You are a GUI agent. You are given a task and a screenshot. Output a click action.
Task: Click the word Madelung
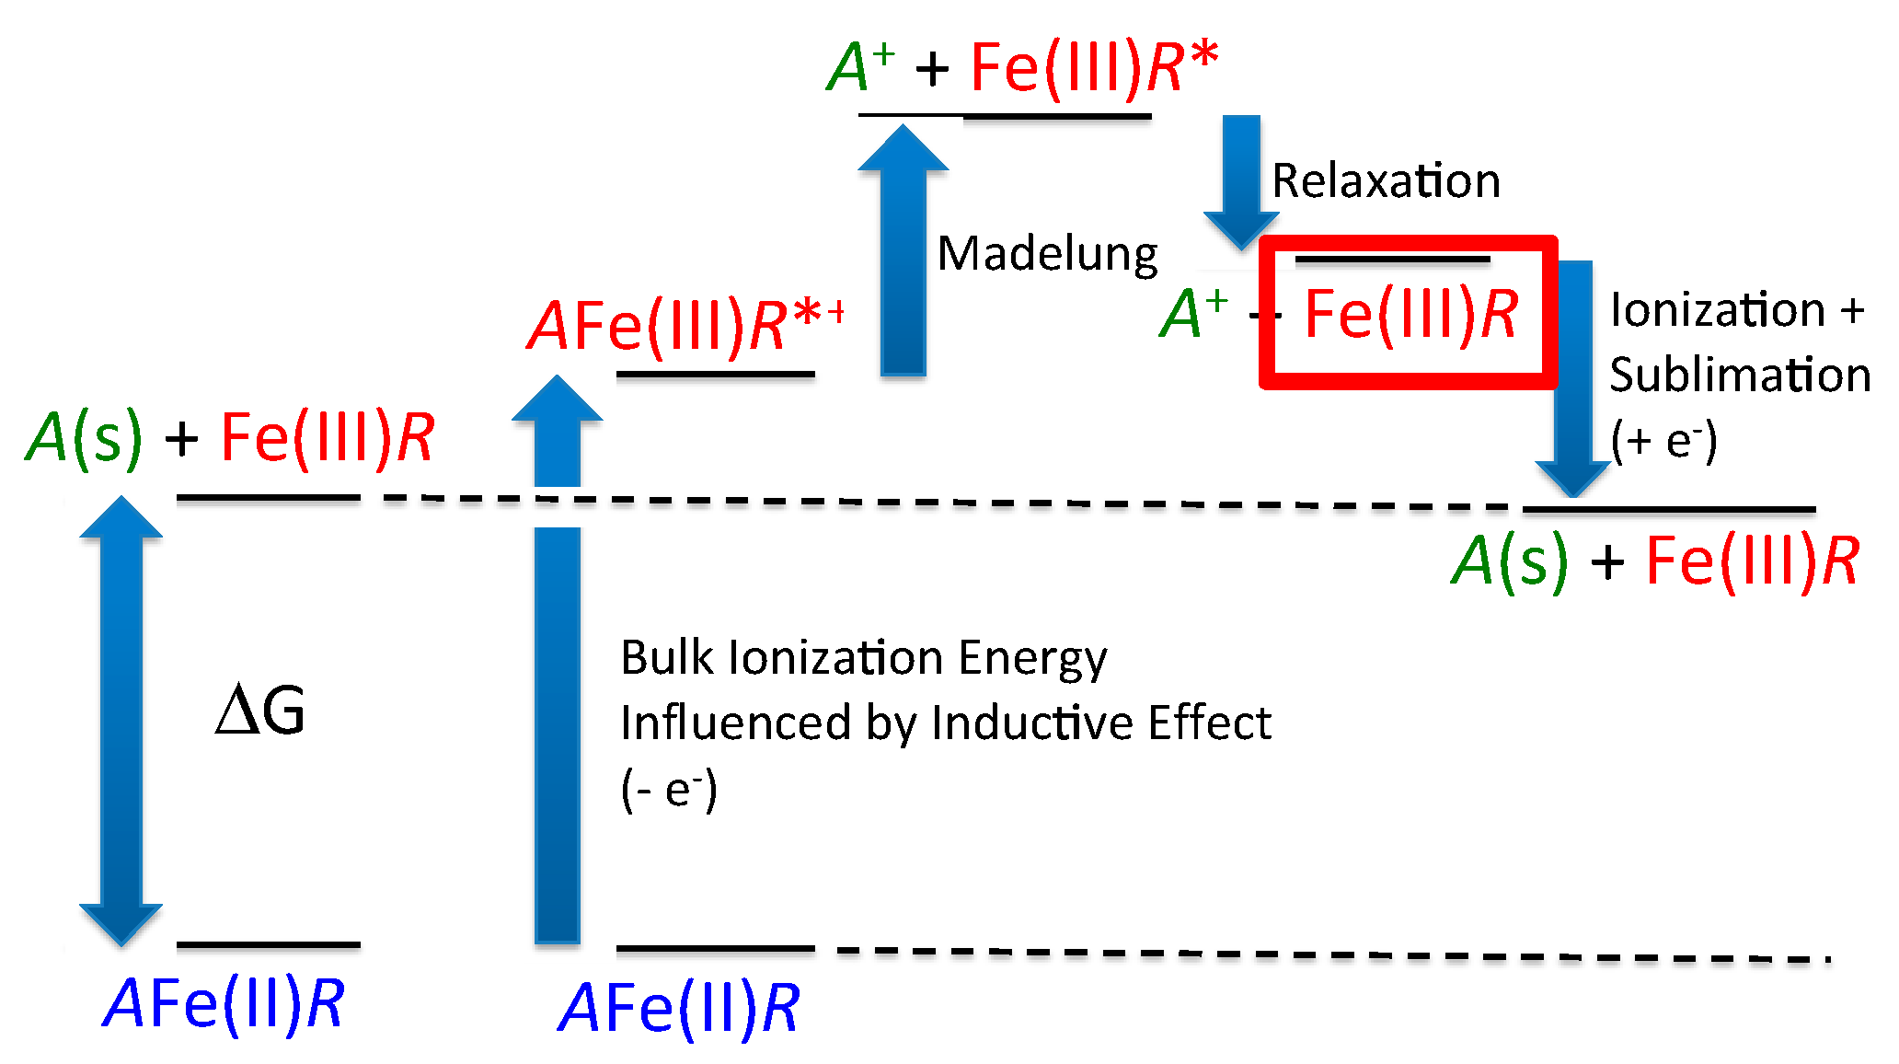(1047, 254)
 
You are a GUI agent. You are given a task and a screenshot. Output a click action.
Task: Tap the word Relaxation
(1386, 180)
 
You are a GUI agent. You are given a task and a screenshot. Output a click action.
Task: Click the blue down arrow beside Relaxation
(1241, 179)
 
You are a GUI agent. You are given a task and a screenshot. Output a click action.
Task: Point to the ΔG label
(259, 711)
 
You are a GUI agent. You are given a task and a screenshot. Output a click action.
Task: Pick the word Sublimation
(1739, 376)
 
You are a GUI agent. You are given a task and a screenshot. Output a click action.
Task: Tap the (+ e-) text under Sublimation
(1663, 441)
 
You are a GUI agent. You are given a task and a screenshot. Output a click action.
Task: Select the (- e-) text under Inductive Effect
(669, 790)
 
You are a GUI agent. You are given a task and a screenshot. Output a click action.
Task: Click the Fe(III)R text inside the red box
(1410, 316)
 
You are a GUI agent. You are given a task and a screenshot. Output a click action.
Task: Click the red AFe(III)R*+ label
(685, 326)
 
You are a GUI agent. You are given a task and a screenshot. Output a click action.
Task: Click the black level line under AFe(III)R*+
(715, 375)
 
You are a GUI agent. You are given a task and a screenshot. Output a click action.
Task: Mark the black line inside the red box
(1392, 260)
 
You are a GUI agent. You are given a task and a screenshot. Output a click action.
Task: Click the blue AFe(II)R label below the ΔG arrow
(224, 1003)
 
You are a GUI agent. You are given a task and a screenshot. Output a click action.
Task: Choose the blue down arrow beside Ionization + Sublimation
(1573, 377)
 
